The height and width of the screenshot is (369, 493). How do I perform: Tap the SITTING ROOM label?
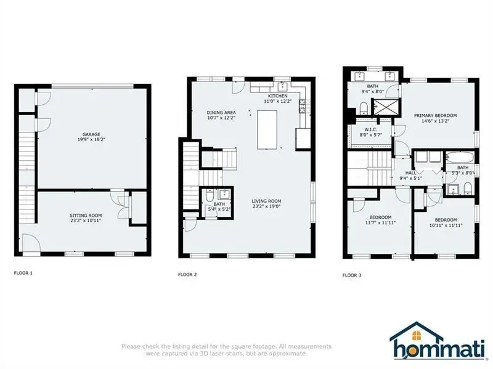coord(85,215)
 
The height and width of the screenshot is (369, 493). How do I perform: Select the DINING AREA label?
coord(221,112)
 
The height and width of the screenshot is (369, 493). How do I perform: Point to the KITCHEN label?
coord(276,95)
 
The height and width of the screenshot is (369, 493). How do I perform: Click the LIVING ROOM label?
coord(266,201)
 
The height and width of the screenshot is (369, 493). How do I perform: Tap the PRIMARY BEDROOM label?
coord(435,115)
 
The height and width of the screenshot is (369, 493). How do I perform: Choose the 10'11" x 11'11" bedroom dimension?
coord(445,225)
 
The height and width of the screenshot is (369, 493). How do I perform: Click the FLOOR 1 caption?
coord(23,272)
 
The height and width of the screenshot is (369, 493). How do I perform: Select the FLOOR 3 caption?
coord(352,275)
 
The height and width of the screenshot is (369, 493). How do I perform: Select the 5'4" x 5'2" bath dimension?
coord(219,209)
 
